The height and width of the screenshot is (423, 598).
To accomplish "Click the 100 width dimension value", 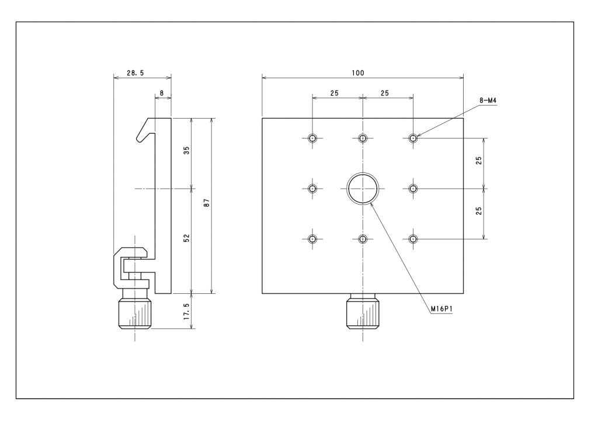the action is (358, 73).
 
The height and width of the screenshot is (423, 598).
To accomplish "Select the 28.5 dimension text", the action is (135, 73).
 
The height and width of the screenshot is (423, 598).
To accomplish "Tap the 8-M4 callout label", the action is (488, 100).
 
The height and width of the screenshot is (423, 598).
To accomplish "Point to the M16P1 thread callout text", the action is (442, 309).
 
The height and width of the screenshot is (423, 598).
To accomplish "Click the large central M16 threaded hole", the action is (363, 189).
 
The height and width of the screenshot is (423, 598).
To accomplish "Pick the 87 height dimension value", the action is (207, 203).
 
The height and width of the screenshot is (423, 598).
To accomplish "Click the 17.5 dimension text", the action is (186, 311).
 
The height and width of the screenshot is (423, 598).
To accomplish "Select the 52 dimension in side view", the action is (186, 238).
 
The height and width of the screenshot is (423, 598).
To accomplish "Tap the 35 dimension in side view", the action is (186, 150).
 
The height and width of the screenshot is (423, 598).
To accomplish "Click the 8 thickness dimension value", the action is (162, 93).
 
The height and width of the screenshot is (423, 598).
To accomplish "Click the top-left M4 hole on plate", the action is (312, 138).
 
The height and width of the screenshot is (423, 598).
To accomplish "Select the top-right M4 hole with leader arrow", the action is (413, 138).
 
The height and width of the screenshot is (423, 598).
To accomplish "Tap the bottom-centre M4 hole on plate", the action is (363, 239).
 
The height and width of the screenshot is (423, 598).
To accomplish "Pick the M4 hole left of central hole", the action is (312, 189).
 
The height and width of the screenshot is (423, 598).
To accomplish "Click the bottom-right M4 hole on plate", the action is (413, 239).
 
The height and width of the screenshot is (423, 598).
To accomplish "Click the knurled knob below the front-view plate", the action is (363, 311).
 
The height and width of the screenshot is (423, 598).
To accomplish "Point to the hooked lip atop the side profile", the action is (145, 130).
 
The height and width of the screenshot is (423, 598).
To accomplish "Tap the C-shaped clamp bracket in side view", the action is (131, 268).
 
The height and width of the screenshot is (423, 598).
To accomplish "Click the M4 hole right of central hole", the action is (413, 189).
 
